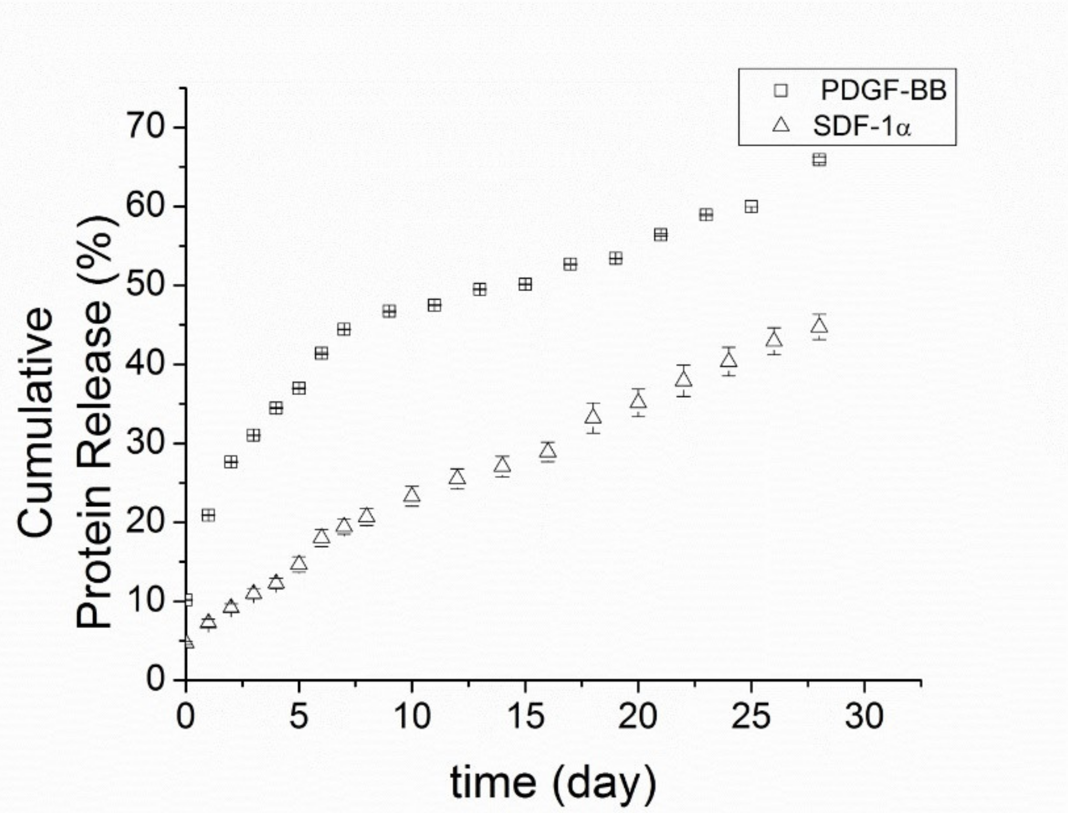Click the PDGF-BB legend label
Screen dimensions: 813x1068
(883, 90)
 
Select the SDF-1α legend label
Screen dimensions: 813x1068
(862, 126)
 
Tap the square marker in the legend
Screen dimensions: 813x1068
(781, 90)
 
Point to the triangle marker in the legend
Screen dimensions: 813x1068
(781, 126)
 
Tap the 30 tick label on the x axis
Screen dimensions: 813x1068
(864, 717)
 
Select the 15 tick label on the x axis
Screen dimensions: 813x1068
(525, 717)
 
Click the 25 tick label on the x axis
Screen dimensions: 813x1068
(751, 717)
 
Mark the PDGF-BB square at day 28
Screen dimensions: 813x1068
(819, 160)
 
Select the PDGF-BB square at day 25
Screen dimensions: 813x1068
(751, 207)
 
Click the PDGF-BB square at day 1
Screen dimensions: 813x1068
(209, 515)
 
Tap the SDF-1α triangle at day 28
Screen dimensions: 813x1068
(819, 326)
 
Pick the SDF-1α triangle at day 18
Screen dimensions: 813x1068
(593, 417)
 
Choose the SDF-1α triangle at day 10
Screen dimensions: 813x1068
(412, 495)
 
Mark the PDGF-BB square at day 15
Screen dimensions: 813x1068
(525, 284)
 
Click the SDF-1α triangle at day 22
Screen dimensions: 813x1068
(684, 379)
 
